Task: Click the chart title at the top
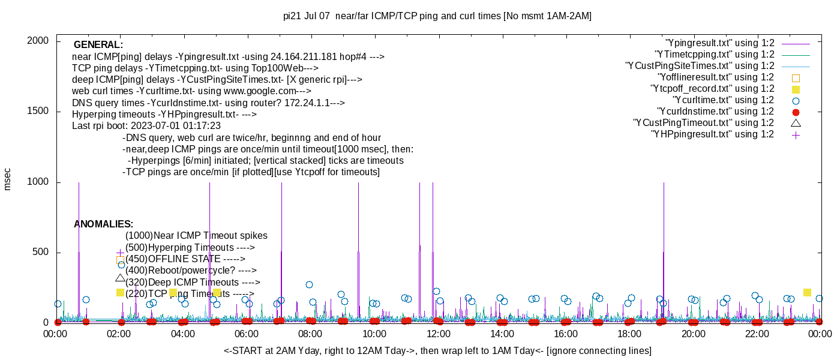tap(437, 16)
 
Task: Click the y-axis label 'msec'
tap(8, 179)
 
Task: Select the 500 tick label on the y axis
tap(41, 253)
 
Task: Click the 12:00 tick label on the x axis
tap(438, 334)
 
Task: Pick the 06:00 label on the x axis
tap(247, 334)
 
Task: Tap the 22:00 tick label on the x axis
tap(757, 334)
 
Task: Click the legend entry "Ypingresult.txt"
tap(720, 43)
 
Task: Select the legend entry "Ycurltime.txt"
tap(723, 100)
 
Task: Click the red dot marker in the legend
tap(796, 112)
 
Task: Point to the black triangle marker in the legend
tap(796, 123)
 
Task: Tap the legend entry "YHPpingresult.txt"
tap(712, 134)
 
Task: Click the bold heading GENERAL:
tap(98, 45)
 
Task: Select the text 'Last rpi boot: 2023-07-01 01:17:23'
tap(146, 126)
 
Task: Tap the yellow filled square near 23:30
tap(807, 292)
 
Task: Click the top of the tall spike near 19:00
tap(664, 183)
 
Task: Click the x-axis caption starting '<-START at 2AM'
tap(437, 350)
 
